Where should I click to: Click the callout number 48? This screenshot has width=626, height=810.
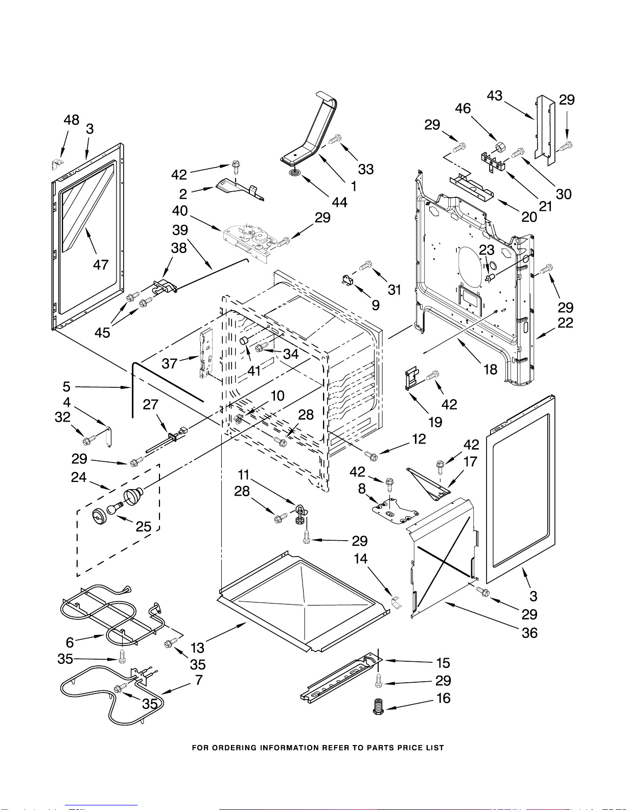pos(71,120)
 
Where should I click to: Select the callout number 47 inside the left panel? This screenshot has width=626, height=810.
pos(100,264)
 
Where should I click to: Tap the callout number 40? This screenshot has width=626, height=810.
pos(180,211)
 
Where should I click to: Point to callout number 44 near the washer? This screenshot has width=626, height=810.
pos(339,202)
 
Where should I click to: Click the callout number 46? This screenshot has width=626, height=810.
pos(462,108)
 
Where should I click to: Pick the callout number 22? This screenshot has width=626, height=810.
pos(565,322)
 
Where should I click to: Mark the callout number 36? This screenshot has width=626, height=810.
pos(529,633)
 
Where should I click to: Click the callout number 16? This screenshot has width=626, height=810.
pos(443,698)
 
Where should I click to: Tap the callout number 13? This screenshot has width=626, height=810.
pos(197,647)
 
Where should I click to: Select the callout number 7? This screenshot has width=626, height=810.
pos(199,680)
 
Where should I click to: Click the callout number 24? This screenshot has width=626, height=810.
pos(79,477)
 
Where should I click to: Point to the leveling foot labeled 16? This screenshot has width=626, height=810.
pos(379,707)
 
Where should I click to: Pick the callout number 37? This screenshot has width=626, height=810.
pos(169,363)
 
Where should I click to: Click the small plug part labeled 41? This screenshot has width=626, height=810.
pos(244,341)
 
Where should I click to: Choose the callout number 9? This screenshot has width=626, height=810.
pos(376,305)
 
